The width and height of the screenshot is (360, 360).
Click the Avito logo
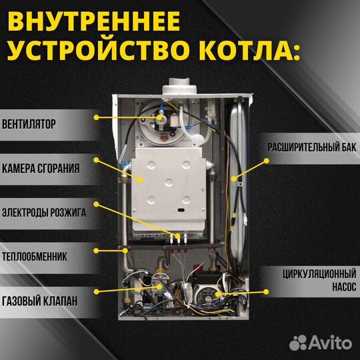(x=319, y=343)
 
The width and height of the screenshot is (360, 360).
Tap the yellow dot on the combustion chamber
(x=140, y=178)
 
